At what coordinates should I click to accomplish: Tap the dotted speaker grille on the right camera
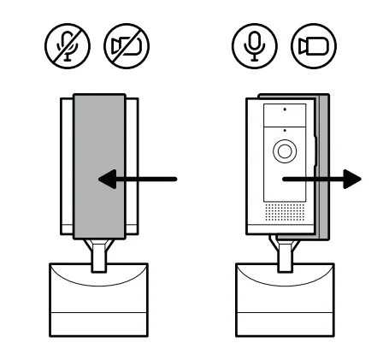point(283,210)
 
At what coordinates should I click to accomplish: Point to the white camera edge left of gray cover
point(67,162)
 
